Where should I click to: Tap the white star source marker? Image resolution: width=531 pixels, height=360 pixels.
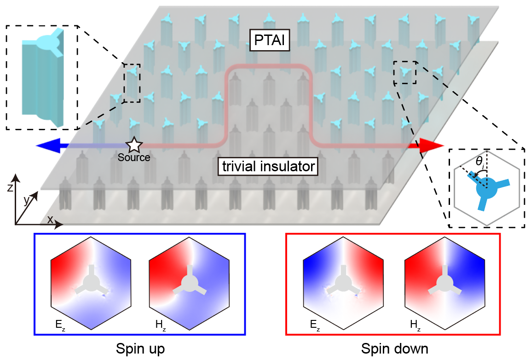click(133, 145)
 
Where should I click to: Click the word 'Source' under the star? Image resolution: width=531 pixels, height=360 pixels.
click(133, 157)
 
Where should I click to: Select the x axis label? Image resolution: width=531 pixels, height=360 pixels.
click(50, 220)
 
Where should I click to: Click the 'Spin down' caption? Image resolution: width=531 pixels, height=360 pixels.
click(392, 348)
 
